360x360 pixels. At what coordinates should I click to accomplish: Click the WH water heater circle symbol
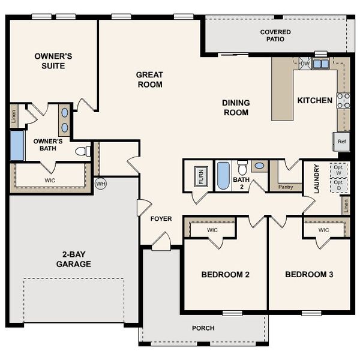click(100, 184)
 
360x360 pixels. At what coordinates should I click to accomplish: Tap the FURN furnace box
click(199, 177)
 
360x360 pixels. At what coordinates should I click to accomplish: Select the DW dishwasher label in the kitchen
click(305, 64)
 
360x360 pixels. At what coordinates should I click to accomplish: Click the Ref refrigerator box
click(342, 142)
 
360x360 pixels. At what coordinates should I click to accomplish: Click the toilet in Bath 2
click(242, 166)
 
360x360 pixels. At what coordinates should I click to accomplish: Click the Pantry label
click(286, 187)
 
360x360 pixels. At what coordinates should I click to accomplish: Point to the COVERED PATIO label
click(275, 35)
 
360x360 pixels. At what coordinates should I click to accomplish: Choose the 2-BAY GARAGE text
click(74, 259)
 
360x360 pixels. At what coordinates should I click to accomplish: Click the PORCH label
click(203, 328)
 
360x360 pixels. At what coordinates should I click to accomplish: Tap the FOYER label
click(161, 218)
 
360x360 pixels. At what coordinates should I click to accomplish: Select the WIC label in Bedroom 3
click(323, 230)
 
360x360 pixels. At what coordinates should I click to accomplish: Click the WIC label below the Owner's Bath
click(50, 179)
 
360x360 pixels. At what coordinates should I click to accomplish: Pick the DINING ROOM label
click(236, 107)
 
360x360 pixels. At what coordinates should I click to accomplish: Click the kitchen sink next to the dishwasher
click(320, 64)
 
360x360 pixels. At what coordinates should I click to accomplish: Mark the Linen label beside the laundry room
click(346, 206)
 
